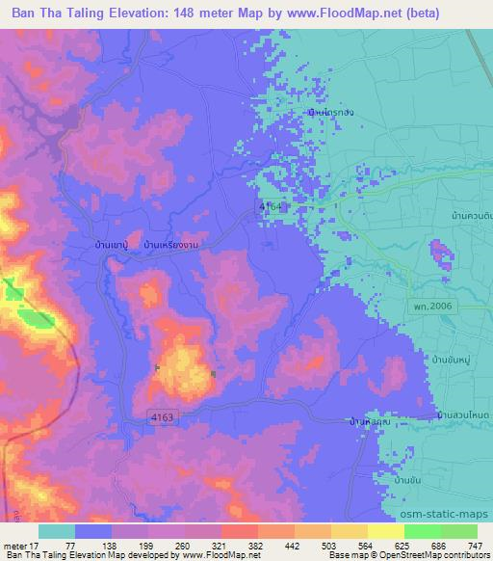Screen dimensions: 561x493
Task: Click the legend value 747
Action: pyautogui.click(x=467, y=546)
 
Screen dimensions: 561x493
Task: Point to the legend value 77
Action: pyautogui.click(x=70, y=546)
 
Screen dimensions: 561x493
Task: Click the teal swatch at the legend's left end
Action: pyautogui.click(x=57, y=531)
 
